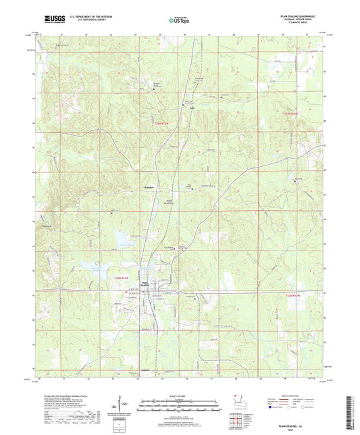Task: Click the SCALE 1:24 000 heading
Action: click(x=180, y=396)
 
